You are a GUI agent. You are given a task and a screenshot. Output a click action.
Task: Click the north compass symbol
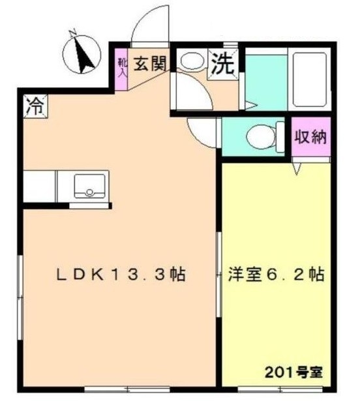[x=82, y=53]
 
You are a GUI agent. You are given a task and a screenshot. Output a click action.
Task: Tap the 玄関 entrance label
[x=151, y=63]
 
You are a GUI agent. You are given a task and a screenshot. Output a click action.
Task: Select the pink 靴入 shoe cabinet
[x=121, y=69]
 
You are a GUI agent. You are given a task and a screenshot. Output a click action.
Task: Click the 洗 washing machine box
[x=223, y=64]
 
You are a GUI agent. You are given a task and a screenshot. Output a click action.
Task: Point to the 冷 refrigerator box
[x=35, y=106]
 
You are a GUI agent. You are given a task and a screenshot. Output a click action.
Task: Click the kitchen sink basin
[x=89, y=186]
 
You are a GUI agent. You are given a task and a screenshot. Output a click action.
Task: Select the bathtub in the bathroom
[x=309, y=80]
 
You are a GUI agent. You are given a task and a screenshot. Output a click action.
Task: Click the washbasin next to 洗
[x=192, y=61]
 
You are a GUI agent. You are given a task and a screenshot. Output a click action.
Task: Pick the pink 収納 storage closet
[x=311, y=136]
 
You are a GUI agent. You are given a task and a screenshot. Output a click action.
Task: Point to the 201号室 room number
[x=293, y=372]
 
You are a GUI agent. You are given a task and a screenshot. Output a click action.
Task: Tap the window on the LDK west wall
[x=20, y=297]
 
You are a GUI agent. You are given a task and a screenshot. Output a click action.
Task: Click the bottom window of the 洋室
[x=280, y=389]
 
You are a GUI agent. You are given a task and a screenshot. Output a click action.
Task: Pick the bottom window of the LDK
[x=127, y=389]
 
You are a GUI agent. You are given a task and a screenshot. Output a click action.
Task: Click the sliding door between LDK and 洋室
[x=218, y=275]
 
